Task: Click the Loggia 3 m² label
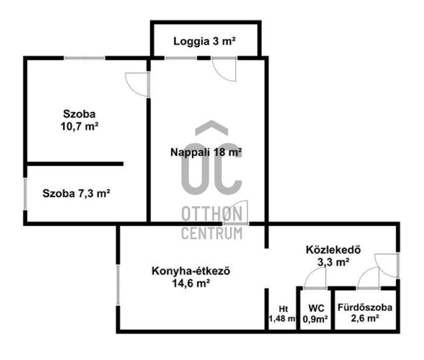205,41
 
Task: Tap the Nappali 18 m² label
206,152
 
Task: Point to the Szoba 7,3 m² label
76,194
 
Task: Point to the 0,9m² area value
315,319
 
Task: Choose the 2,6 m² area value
365,319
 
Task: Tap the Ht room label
283,309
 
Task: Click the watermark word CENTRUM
211,233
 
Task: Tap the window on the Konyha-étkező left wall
118,285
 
